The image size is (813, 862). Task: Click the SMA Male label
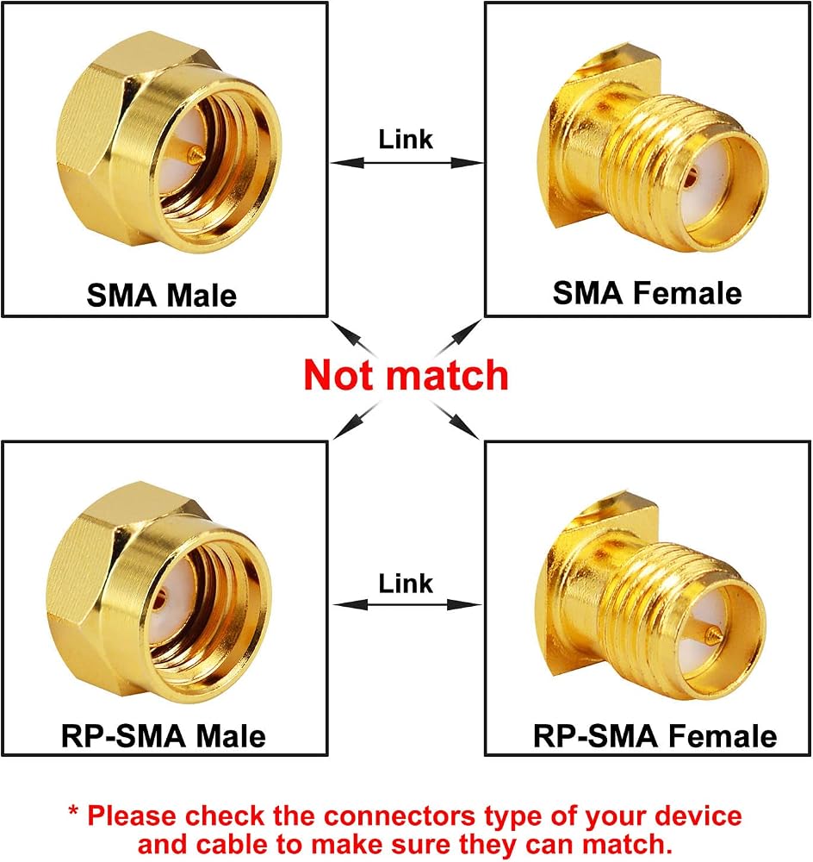coord(162,296)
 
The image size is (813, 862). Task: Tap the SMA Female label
coord(647,293)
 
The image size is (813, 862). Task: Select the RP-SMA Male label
coord(163,736)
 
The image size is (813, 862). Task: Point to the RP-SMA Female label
coord(655,736)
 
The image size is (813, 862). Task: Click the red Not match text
coord(406,376)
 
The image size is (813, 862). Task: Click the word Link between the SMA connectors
coord(406,139)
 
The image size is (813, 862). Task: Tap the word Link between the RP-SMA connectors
coord(406,584)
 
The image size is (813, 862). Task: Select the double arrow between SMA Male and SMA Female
coord(406,163)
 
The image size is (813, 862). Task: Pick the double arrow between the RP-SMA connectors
coord(406,605)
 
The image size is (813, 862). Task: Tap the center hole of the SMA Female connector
coord(692,176)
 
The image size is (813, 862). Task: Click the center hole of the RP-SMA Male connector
coord(160,600)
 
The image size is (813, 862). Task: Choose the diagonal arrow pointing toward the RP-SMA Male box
coord(356,420)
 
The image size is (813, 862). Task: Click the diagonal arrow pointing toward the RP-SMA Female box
coord(455,421)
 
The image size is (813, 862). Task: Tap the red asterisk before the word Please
coord(73,809)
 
